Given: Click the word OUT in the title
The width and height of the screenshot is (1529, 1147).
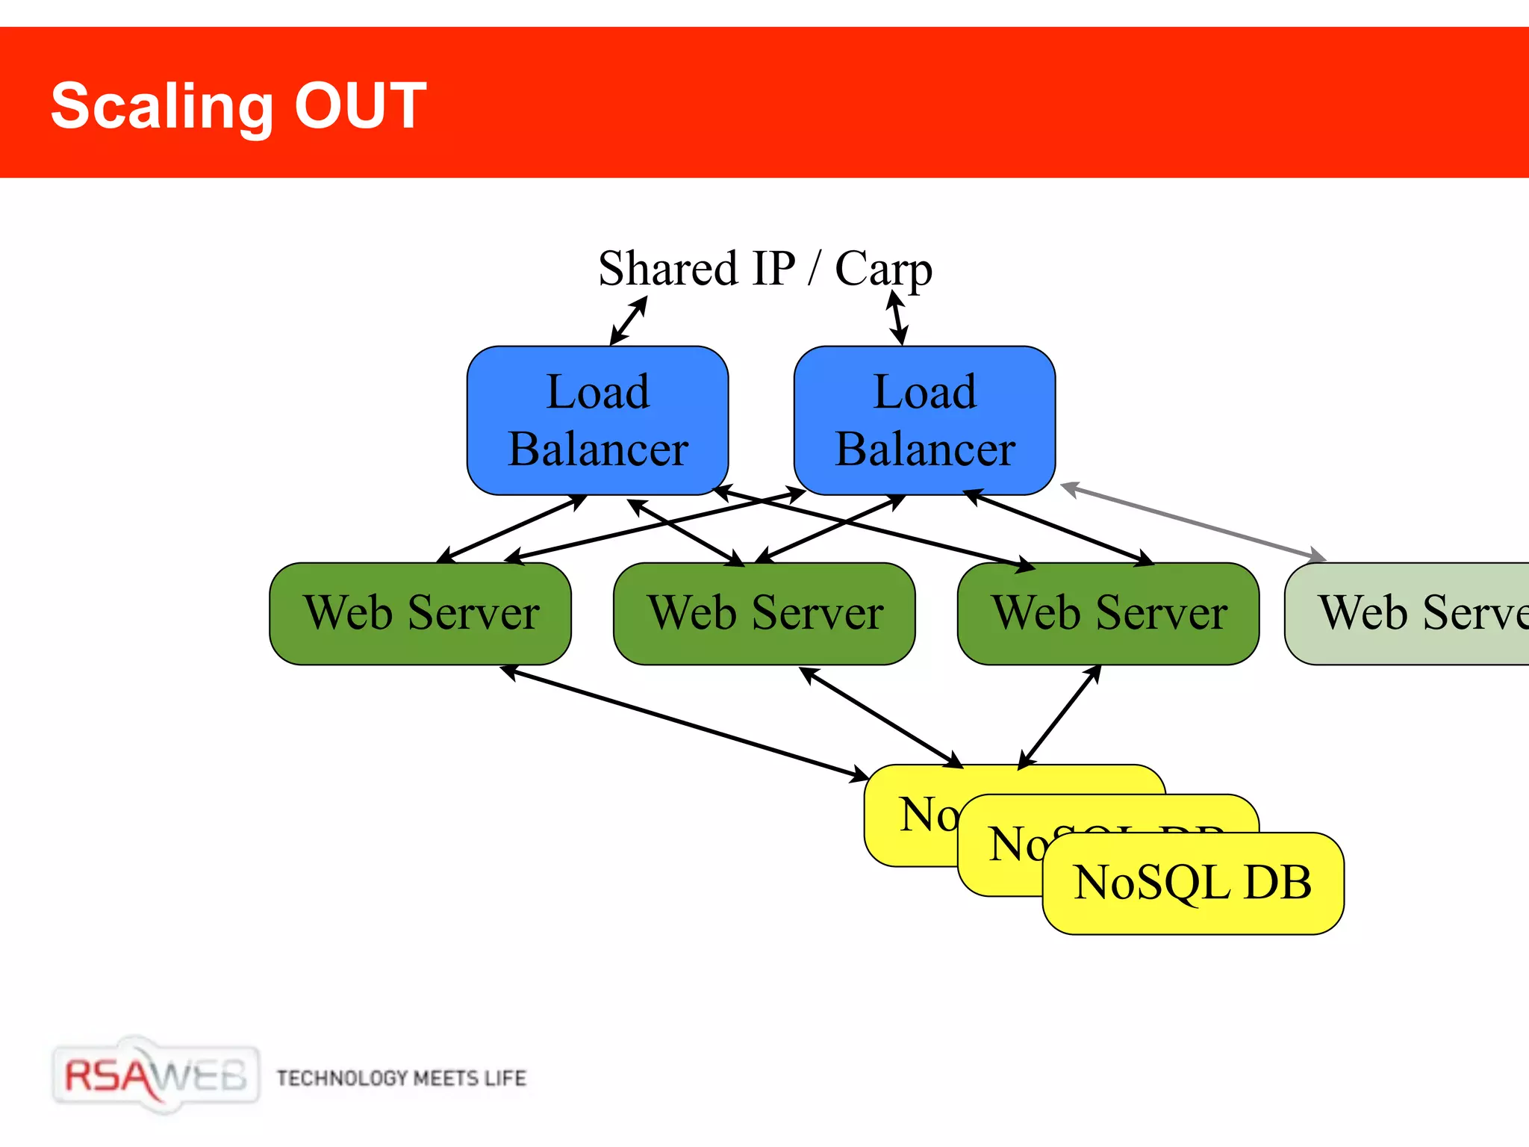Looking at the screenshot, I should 360,106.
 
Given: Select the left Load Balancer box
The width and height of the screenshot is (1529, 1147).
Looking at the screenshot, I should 597,420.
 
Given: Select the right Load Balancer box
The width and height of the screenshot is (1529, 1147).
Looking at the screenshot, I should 924,420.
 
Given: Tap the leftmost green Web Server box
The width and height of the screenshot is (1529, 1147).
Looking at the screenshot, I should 420,614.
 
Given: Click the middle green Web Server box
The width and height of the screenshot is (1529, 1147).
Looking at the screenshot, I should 764,614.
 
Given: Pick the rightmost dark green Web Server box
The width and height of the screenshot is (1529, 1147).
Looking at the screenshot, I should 1109,614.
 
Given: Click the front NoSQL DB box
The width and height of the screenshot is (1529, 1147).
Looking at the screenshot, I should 1192,883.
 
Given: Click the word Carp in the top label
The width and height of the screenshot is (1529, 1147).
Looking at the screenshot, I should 883,269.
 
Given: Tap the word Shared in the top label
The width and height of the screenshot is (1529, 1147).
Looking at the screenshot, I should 667,269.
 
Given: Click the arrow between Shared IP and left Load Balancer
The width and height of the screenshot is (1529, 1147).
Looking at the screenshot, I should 629,321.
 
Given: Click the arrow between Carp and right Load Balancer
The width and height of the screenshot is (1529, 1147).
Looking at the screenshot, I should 897,319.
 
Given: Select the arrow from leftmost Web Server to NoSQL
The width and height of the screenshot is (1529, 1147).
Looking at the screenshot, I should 684,722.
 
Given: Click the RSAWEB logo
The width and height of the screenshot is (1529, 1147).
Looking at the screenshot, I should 155,1076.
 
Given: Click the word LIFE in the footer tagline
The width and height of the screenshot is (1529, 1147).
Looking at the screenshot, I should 505,1078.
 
